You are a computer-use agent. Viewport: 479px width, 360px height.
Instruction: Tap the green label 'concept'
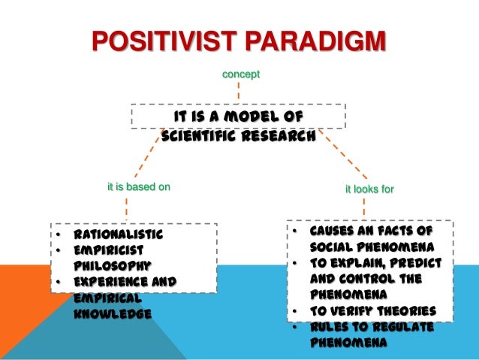point(239,74)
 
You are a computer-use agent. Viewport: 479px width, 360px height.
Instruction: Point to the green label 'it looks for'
point(369,189)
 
